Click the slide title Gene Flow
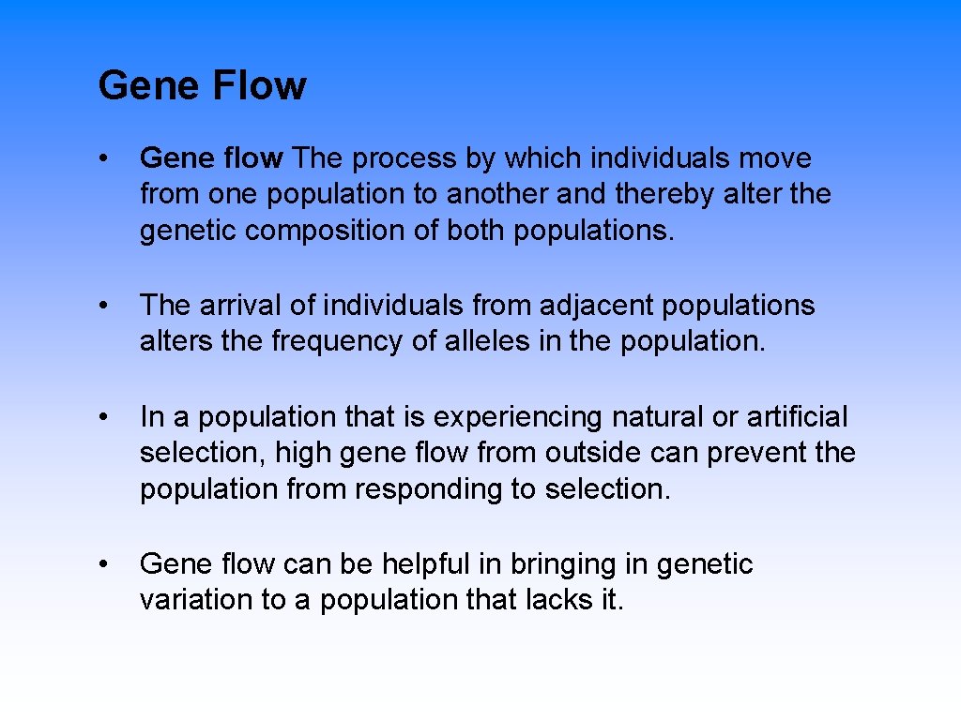[202, 85]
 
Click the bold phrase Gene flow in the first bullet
[211, 158]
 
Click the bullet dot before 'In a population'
[111, 416]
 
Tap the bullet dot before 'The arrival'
[111, 306]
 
